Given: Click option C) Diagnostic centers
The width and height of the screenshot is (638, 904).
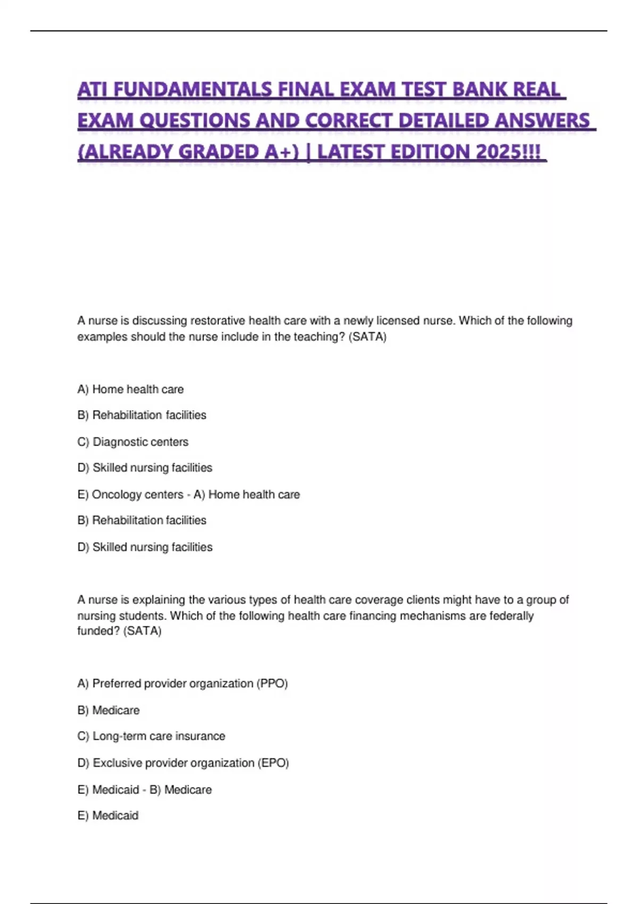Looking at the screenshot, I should pyautogui.click(x=133, y=442).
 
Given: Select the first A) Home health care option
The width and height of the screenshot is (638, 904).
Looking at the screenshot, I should pyautogui.click(x=131, y=389).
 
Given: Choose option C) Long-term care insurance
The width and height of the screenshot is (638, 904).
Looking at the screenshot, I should pyautogui.click(x=152, y=736).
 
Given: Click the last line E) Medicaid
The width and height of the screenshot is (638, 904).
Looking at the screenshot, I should pyautogui.click(x=108, y=815).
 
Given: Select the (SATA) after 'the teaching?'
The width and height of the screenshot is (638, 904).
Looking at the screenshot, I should pyautogui.click(x=367, y=337).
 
